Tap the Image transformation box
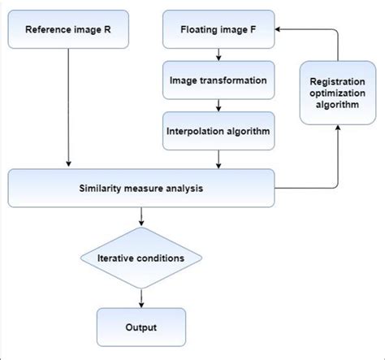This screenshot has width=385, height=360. (x=217, y=81)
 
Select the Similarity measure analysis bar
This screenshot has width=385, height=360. (x=142, y=189)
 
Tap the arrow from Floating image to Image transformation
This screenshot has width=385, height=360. (x=217, y=54)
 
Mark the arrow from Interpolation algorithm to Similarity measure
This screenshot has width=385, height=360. (x=217, y=158)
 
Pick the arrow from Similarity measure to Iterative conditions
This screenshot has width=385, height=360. (x=142, y=216)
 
